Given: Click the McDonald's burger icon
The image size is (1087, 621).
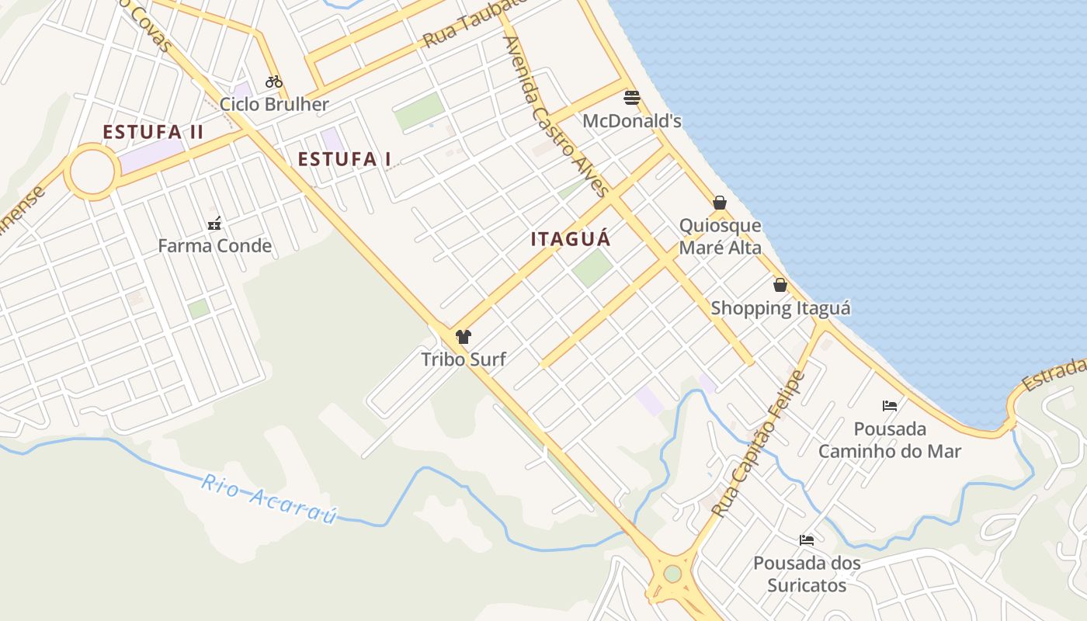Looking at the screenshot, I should pyautogui.click(x=632, y=98).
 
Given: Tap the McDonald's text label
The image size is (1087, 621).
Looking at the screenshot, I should pyautogui.click(x=632, y=121).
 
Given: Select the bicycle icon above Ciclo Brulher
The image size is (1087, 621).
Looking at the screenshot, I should pyautogui.click(x=274, y=82).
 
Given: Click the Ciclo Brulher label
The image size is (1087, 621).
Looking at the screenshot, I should pyautogui.click(x=274, y=104).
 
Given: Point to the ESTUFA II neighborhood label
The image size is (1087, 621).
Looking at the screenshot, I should pyautogui.click(x=153, y=132).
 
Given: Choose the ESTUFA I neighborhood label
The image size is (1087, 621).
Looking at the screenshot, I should pyautogui.click(x=345, y=159).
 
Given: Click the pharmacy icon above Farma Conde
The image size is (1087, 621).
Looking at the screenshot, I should pyautogui.click(x=214, y=224).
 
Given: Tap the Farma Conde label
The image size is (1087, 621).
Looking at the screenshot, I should pyautogui.click(x=214, y=246).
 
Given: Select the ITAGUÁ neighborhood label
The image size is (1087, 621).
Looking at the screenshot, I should pyautogui.click(x=571, y=239).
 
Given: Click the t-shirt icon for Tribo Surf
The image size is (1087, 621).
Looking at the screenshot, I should pyautogui.click(x=464, y=337).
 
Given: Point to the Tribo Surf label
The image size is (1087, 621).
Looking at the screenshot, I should pyautogui.click(x=464, y=359).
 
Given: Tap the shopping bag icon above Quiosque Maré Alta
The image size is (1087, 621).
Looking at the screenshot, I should pyautogui.click(x=720, y=203).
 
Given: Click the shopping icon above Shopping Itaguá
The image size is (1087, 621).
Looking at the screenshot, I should pyautogui.click(x=780, y=285).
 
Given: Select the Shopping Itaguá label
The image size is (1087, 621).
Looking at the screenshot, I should pyautogui.click(x=780, y=308).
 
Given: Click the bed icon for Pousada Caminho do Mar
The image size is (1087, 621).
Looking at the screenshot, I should pyautogui.click(x=890, y=405).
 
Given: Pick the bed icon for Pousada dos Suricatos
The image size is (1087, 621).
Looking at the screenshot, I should pyautogui.click(x=807, y=539).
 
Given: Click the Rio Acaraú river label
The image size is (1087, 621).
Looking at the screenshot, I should pyautogui.click(x=269, y=498).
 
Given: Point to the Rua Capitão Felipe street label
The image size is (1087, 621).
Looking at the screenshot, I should pyautogui.click(x=759, y=444).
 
